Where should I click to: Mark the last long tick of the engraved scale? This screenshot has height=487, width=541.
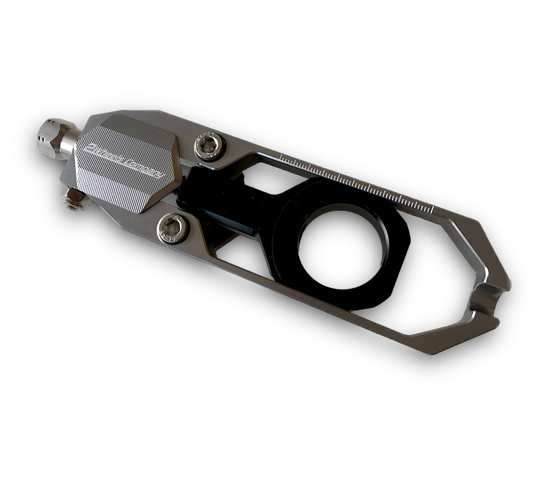coord(431,209)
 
